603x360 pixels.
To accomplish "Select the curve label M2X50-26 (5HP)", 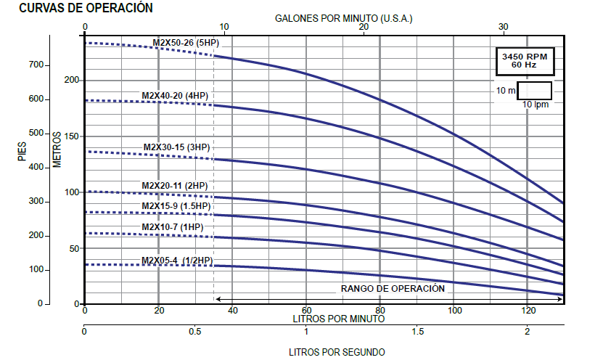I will [185, 43].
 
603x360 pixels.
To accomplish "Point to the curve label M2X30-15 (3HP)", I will [176, 147].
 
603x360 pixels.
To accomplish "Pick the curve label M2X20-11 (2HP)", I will [175, 185].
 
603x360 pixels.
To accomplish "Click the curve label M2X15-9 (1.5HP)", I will [176, 205].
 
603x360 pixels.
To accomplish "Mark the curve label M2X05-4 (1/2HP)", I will [177, 261].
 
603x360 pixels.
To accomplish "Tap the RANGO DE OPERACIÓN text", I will [393, 288].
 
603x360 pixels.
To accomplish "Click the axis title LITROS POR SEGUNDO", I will [337, 352].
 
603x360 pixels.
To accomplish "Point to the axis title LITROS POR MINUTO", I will [338, 318].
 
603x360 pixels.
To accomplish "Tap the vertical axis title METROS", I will [57, 150].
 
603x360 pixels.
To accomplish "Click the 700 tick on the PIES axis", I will [36, 65].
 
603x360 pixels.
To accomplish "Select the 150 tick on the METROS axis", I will [72, 136].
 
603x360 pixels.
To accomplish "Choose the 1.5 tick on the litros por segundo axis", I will [417, 332].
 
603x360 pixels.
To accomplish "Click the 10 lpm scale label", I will [537, 105].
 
